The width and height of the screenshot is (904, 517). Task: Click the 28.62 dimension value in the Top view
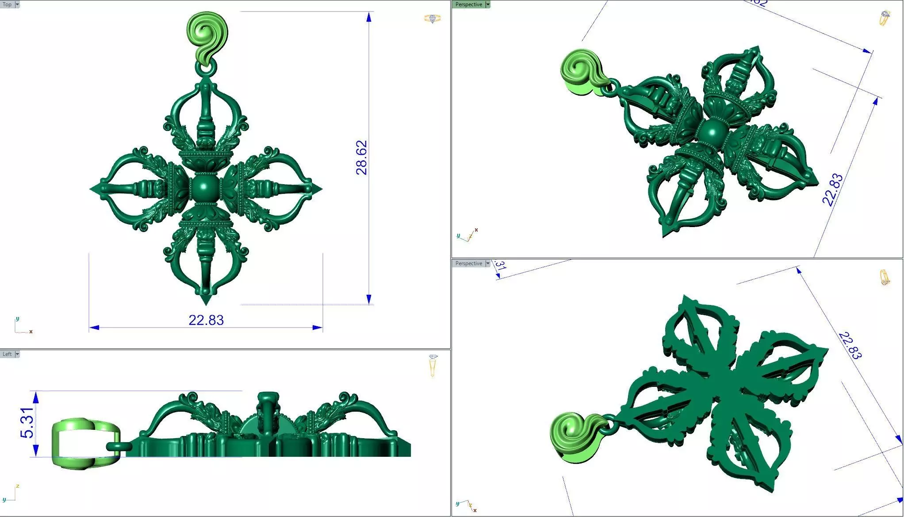[x=362, y=158]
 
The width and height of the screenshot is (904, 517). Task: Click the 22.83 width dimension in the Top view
[x=206, y=320]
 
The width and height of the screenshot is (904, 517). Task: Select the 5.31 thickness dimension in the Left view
[x=27, y=423]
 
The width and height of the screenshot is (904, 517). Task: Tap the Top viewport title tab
[x=7, y=4]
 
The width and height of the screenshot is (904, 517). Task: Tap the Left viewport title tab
[x=7, y=354]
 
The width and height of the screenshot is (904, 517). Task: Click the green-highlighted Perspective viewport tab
[x=468, y=4]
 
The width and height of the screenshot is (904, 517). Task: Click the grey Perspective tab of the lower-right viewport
[x=468, y=263]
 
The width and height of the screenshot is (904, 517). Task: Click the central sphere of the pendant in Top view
[x=204, y=189]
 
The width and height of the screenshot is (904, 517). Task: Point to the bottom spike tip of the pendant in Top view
[x=206, y=302]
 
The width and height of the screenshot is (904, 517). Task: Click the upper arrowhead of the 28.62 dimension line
[x=369, y=17]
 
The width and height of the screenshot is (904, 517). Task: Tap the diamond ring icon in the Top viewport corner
[x=432, y=19]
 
